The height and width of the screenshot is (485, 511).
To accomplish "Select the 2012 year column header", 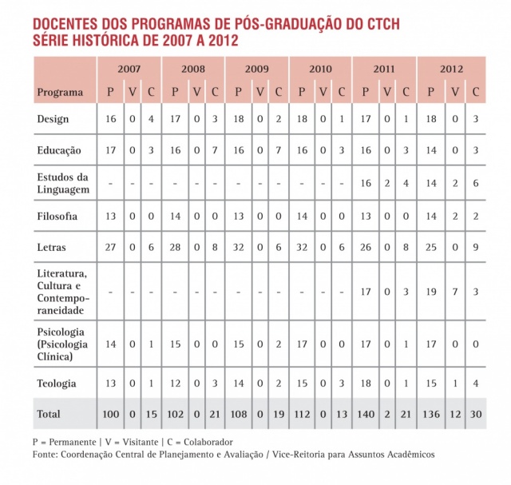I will pos(452,69).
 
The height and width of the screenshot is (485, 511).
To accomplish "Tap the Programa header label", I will pos(60,92).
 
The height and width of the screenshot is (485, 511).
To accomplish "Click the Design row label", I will pos(53,119).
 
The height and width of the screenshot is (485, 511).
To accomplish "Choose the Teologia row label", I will pos(57,384).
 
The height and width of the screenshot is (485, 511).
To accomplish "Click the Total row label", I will pos(49,414).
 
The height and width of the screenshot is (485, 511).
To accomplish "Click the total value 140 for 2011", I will pos(365,414).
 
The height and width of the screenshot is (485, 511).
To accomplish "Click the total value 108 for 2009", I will pos(238,414).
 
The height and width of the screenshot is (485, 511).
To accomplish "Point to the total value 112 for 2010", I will pos(302,414).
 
